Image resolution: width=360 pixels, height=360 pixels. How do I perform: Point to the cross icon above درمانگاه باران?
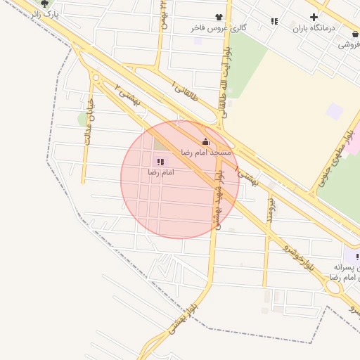(314, 17)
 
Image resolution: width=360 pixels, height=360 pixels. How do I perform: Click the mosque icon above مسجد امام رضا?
(205, 141)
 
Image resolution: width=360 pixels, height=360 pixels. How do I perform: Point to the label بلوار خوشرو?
(299, 257)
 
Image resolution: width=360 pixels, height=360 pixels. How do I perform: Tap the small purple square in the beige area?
(335, 110)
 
